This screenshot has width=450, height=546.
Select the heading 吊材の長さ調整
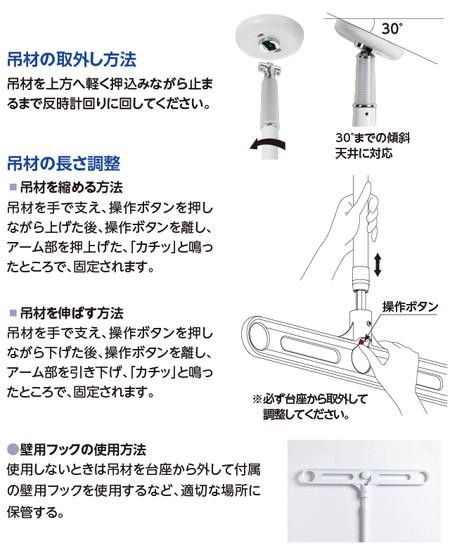point(72,163)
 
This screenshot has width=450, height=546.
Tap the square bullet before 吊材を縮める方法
point(12,188)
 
